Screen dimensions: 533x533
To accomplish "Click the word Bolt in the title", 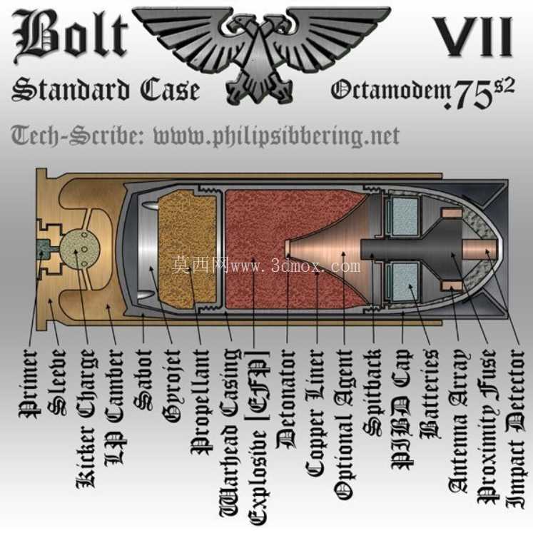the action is point(71,36).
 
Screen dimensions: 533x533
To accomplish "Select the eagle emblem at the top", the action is point(262,51).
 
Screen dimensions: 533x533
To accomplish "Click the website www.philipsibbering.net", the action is point(276,136).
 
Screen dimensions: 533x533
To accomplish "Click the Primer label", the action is point(28,383).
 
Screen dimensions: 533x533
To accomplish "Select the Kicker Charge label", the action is point(85,419).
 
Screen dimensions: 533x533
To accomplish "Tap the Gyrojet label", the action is point(171,385).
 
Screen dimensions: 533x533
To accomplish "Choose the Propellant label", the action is point(200,402).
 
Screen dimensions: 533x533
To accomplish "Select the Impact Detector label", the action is point(515,428).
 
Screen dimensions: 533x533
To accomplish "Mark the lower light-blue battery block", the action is point(405,281).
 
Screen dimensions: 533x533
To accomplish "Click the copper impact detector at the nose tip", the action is point(480,250).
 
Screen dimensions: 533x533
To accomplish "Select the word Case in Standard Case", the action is point(169,90).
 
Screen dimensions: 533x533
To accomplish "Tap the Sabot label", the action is point(143,380).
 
